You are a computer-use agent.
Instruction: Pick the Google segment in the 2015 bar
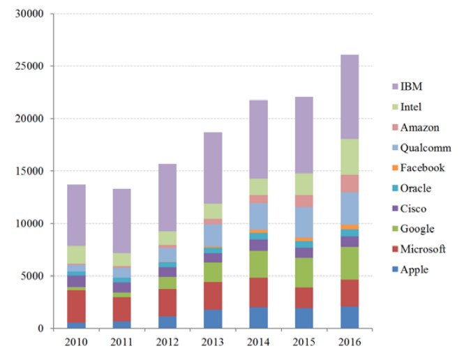click(304, 273)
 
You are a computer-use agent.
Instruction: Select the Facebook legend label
click(423, 168)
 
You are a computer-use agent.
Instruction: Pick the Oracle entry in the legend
click(416, 188)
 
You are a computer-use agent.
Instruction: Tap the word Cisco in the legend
click(413, 209)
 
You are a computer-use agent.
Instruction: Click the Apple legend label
click(414, 270)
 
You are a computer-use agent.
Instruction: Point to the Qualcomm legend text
click(426, 148)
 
